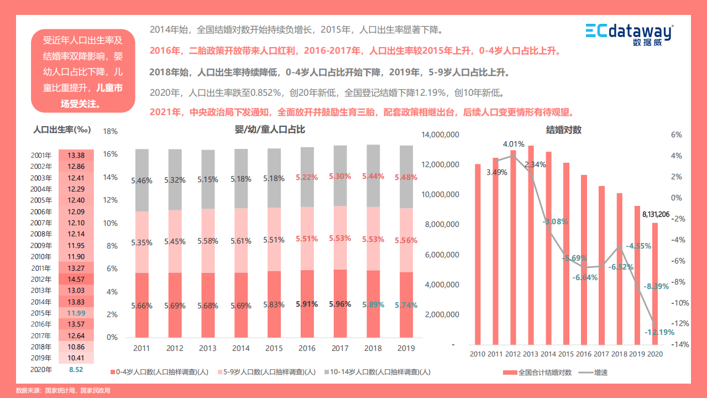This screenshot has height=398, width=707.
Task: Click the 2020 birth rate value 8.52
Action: pos(76,370)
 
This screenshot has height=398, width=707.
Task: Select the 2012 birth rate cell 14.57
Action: pos(76,280)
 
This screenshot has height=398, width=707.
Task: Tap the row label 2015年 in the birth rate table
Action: pos(41,313)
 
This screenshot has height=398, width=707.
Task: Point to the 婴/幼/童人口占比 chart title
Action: pos(270,130)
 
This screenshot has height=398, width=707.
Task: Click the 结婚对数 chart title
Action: pos(564,130)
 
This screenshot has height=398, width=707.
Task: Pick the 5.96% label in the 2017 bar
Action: pos(339,304)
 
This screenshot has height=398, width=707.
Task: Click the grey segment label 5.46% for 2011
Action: pos(142,180)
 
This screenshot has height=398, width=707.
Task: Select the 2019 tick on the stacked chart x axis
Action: pos(407,348)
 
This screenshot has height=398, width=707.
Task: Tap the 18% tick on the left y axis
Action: pos(111,132)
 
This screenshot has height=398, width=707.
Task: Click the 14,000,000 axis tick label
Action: pos(440,135)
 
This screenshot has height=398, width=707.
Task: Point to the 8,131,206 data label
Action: pos(656,214)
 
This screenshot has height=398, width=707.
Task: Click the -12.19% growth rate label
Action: pos(660,332)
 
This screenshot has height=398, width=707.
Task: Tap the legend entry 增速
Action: pos(600,373)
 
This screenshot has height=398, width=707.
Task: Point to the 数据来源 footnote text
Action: pos(63,391)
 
